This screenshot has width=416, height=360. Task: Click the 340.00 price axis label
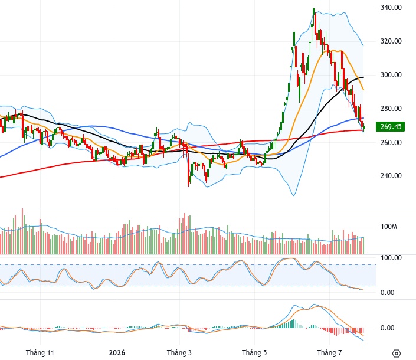(x=391, y=8)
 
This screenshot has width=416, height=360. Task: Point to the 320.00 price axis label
(x=391, y=41)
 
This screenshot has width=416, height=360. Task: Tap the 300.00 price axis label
(x=391, y=75)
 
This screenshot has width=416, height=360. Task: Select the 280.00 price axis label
(x=391, y=108)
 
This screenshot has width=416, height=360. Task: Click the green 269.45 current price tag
(x=390, y=126)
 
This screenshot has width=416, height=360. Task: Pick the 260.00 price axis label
(x=391, y=142)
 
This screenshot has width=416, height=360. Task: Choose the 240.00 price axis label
(x=391, y=176)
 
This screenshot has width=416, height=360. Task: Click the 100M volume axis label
(x=389, y=227)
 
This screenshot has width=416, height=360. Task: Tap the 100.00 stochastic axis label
(x=391, y=257)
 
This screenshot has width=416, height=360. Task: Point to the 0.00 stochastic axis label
(x=387, y=292)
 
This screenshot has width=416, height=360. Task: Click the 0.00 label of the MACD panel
(x=387, y=328)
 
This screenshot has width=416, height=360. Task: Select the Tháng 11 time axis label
(x=40, y=352)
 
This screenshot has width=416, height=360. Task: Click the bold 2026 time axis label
(x=117, y=352)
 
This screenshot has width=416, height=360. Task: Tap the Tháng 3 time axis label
(x=179, y=352)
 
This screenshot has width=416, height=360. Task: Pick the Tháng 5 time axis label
(x=254, y=352)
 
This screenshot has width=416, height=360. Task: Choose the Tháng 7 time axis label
(x=329, y=352)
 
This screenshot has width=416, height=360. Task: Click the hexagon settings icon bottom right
(x=396, y=354)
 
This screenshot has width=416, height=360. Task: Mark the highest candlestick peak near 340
(x=313, y=8)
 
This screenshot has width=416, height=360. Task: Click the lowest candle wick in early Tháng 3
(x=189, y=186)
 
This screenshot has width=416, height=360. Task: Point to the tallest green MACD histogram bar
(x=294, y=323)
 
